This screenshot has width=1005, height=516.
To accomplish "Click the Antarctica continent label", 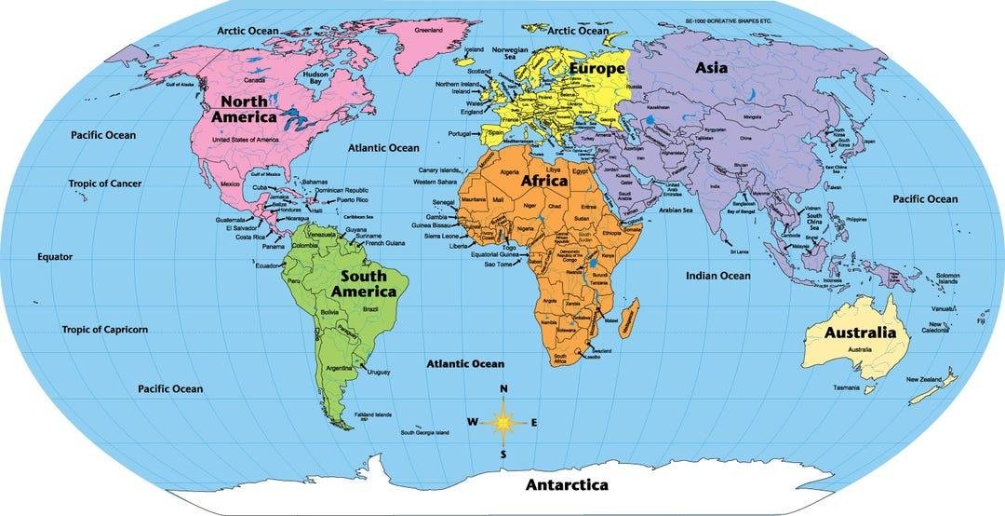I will click(x=567, y=485).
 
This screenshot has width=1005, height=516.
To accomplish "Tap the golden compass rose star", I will click(x=503, y=422).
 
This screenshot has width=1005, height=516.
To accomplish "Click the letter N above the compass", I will click(x=503, y=389).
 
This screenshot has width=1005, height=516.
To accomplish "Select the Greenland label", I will click(x=429, y=30).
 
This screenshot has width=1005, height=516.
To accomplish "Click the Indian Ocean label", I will click(x=718, y=276).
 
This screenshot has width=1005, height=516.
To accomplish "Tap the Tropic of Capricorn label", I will click(x=105, y=330).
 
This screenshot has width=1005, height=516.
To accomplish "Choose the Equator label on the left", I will click(x=55, y=257).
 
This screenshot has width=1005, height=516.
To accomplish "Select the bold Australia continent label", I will click(x=860, y=333).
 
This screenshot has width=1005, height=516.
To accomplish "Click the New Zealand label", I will click(x=926, y=379).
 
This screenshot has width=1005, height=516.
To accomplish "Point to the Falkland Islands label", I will click(x=372, y=414).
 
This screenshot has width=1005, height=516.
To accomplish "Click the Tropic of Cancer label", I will click(x=104, y=183).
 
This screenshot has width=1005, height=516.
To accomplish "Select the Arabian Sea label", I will click(x=676, y=210).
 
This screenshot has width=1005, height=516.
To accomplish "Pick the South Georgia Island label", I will click(x=425, y=433).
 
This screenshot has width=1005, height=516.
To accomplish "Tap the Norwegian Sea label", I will click(x=510, y=52).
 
